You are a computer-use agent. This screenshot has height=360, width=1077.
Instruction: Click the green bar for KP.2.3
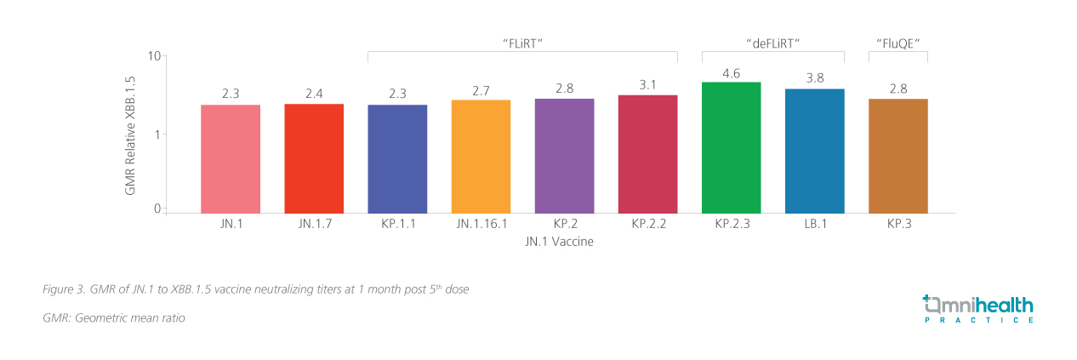coord(731,147)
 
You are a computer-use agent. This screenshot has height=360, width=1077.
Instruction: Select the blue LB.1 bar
coord(814,151)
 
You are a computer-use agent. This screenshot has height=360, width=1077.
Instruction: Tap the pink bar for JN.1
coord(231,159)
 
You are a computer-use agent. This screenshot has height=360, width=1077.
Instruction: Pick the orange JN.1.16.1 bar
coord(481,157)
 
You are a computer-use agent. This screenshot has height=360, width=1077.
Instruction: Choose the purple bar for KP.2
coord(564,156)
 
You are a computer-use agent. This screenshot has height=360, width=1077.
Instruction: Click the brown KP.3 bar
coord(897,156)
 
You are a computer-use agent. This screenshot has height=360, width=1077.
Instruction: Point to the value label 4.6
coord(731,73)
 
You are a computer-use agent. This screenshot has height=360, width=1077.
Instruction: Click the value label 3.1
coord(647,85)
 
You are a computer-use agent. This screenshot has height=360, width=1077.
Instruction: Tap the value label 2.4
coord(314,94)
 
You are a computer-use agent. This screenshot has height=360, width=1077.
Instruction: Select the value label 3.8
coord(814,79)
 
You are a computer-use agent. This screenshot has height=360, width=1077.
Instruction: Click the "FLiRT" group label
coord(522,42)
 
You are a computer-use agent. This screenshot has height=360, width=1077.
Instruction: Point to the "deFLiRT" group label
coord(772,42)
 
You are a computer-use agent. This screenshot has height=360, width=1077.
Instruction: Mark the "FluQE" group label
coord(897,42)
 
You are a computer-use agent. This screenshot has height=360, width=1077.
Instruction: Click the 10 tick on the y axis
coord(154,56)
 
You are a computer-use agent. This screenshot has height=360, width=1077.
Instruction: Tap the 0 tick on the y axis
coord(157,209)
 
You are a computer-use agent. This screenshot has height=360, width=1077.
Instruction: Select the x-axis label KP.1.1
coord(397,226)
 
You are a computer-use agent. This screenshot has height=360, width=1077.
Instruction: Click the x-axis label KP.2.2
coord(647,226)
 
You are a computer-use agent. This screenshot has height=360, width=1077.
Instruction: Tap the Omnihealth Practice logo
coord(978,309)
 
